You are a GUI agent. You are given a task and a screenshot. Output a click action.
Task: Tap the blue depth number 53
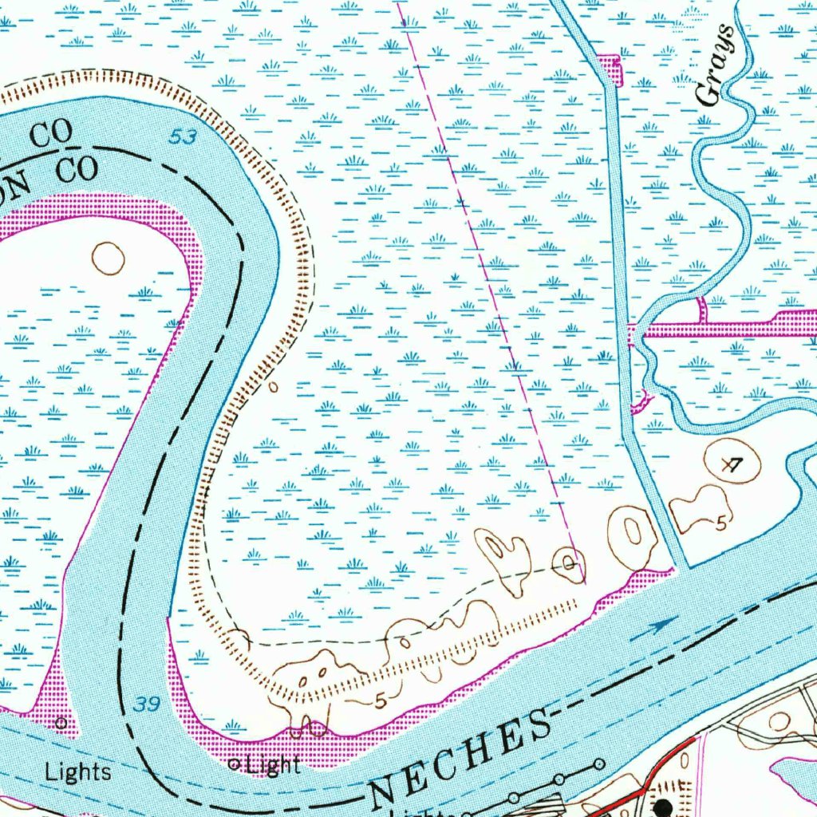pyautogui.click(x=183, y=137)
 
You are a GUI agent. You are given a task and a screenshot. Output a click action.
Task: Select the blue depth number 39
pyautogui.click(x=146, y=704)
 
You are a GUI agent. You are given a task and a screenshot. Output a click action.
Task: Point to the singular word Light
pyautogui.click(x=274, y=766)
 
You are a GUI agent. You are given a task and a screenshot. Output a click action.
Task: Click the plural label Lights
pyautogui.click(x=77, y=772)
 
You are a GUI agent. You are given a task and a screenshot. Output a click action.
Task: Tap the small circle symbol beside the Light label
pyautogui.click(x=235, y=764)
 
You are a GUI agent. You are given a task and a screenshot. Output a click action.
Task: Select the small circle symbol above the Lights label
pyautogui.click(x=61, y=724)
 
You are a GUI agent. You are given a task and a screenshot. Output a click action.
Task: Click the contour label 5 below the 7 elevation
pyautogui.click(x=721, y=524)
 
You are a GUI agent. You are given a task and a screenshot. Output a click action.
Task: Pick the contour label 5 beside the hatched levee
pyautogui.click(x=381, y=701)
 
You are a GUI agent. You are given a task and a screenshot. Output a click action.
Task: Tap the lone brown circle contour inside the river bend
pyautogui.click(x=109, y=258)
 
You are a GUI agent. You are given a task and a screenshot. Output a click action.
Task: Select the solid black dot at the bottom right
pyautogui.click(x=662, y=807)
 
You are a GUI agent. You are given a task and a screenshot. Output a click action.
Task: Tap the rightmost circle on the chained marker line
pyautogui.click(x=599, y=764)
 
